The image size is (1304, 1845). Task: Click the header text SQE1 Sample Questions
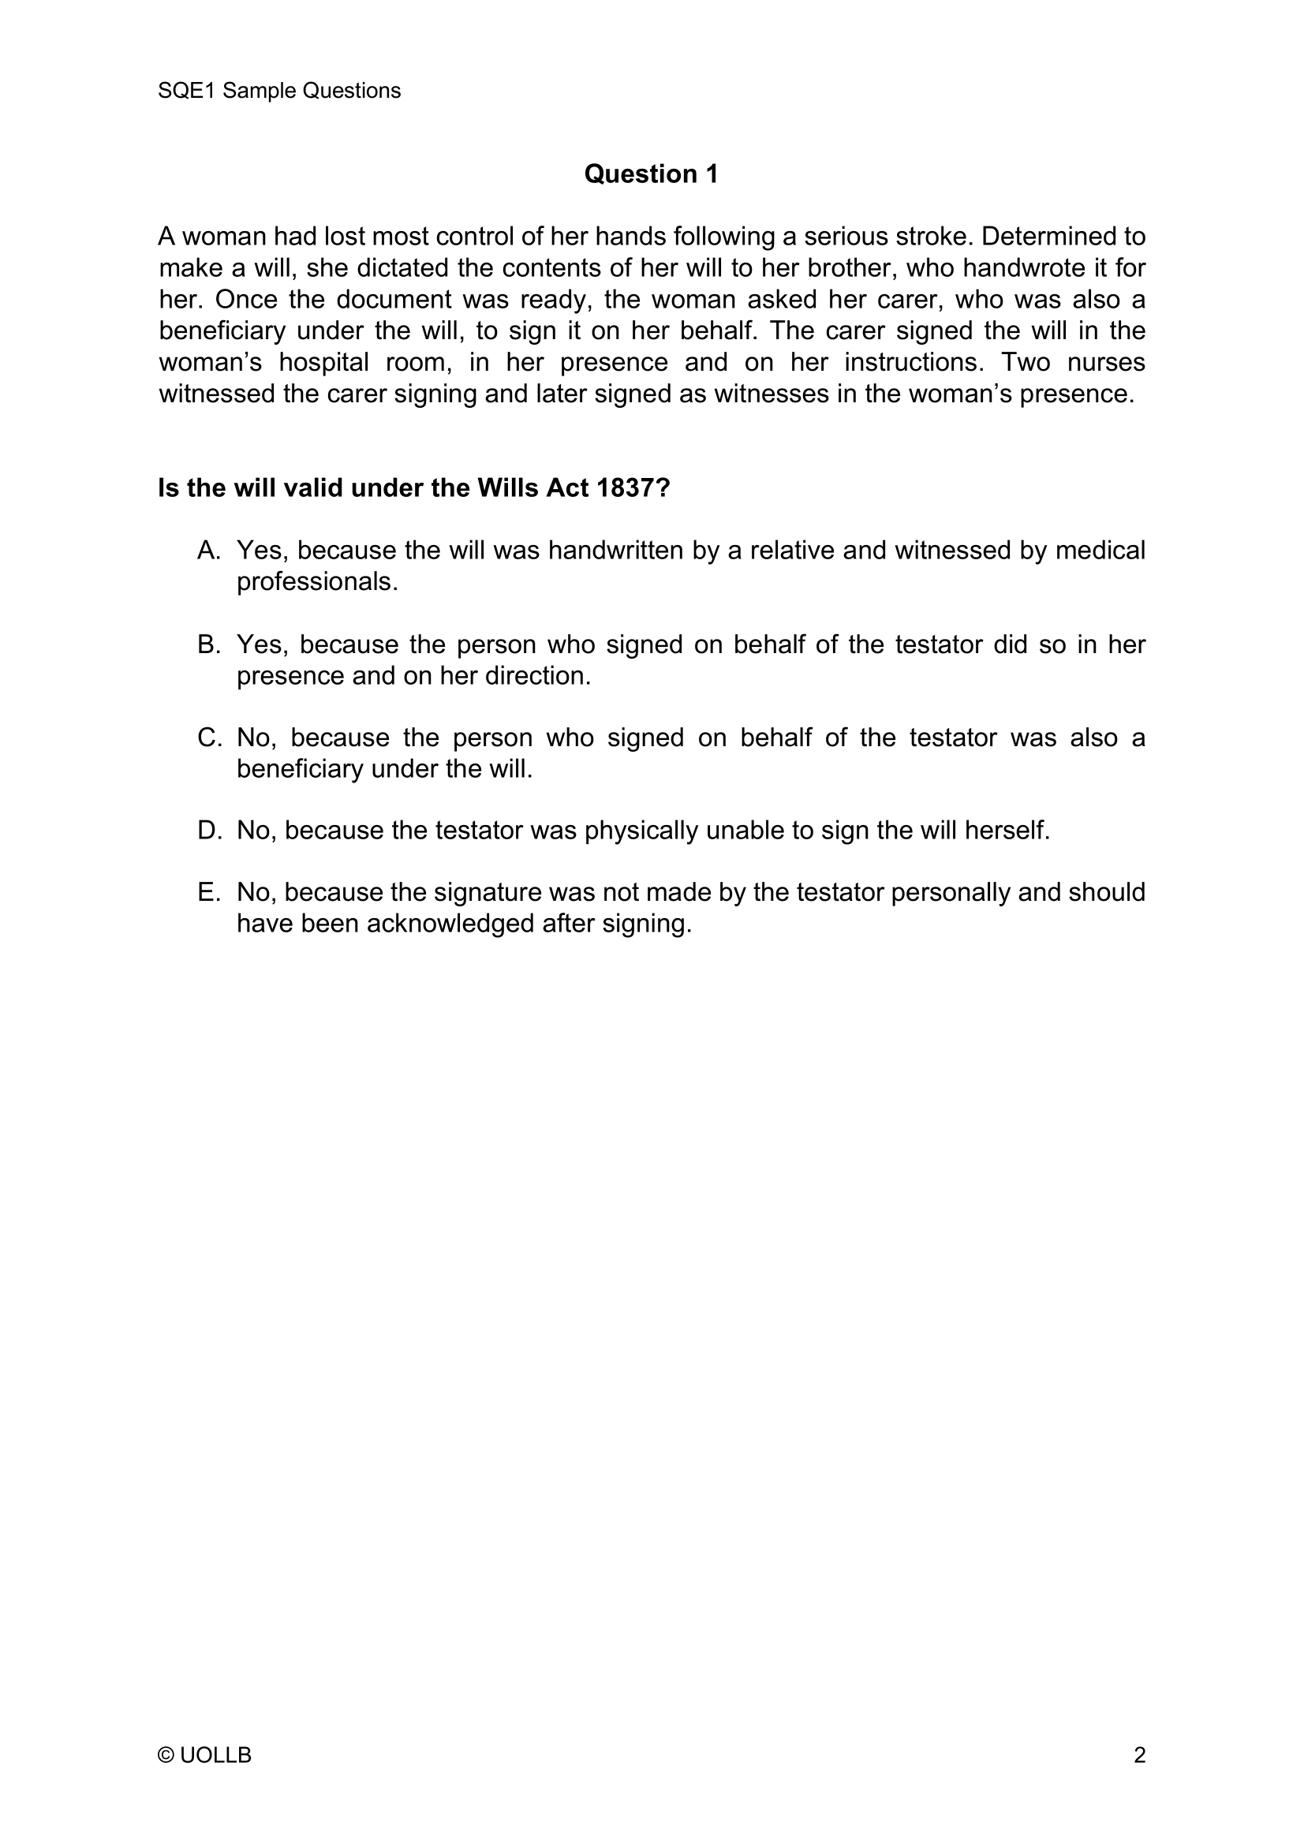[278, 91]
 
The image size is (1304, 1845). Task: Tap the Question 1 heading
[651, 174]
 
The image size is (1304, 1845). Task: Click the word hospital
[323, 362]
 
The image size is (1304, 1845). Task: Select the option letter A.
[208, 551]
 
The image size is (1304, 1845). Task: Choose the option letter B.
[208, 644]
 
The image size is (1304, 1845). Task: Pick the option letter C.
[208, 738]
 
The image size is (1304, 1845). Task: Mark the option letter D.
[208, 831]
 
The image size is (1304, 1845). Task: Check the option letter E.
[208, 892]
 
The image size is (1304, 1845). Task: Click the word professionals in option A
[316, 582]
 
